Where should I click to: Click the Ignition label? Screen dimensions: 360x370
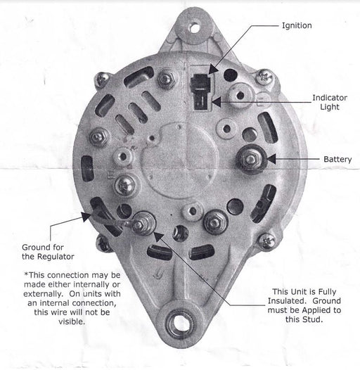point(297,25)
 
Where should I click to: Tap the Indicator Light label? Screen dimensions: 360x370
point(330,102)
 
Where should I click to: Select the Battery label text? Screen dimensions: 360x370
point(337,159)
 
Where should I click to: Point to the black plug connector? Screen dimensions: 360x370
point(201,91)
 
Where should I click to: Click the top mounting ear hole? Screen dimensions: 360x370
point(195,27)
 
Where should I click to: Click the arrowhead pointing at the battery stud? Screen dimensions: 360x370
point(271,159)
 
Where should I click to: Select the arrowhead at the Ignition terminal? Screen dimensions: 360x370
point(213,70)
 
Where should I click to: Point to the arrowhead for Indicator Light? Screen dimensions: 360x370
point(216,102)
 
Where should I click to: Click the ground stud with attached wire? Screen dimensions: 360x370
point(142,224)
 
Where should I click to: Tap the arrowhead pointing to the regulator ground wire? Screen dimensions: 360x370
point(86,217)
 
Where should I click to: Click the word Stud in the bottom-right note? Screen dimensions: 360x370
point(314,319)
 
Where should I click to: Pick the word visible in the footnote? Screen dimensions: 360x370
point(72,321)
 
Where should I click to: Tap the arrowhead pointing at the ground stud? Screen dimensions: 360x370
point(158,237)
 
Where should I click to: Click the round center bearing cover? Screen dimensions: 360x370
point(180,160)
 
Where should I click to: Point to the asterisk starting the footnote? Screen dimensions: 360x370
point(27,274)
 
